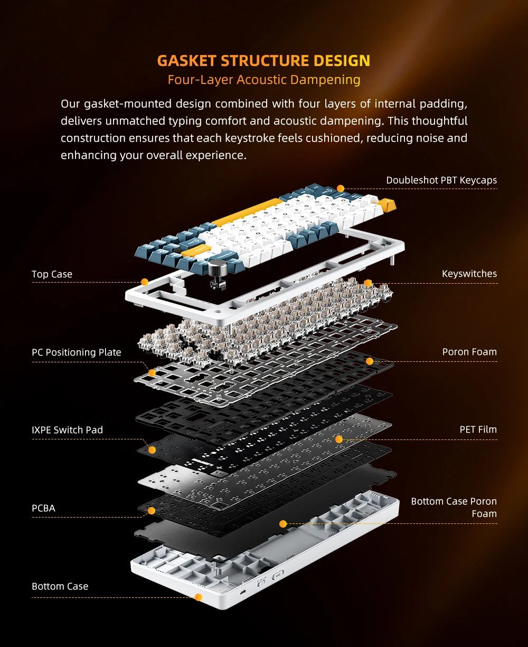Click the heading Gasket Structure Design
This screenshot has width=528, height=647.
pyautogui.click(x=263, y=60)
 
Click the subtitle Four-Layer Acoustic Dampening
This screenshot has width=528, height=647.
pyautogui.click(x=263, y=80)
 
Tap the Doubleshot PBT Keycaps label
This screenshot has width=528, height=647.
pyautogui.click(x=441, y=180)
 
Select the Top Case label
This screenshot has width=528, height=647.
pyautogui.click(x=52, y=274)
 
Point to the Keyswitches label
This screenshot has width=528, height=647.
pyautogui.click(x=469, y=274)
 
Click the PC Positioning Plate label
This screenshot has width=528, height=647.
pyautogui.click(x=76, y=352)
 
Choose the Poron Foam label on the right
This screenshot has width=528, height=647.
pyautogui.click(x=469, y=352)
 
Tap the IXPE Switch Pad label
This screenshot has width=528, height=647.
pyautogui.click(x=67, y=430)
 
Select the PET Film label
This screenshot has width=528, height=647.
pyautogui.click(x=478, y=429)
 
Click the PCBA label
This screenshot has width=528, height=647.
pyautogui.click(x=43, y=508)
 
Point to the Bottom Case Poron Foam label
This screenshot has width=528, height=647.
pyautogui.click(x=454, y=507)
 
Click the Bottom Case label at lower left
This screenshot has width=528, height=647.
pyautogui.click(x=60, y=586)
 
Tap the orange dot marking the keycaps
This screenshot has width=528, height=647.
pyautogui.click(x=341, y=188)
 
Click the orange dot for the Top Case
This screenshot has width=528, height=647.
pyautogui.click(x=144, y=282)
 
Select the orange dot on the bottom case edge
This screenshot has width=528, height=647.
pyautogui.click(x=198, y=597)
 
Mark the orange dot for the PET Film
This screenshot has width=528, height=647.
pyautogui.click(x=339, y=439)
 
